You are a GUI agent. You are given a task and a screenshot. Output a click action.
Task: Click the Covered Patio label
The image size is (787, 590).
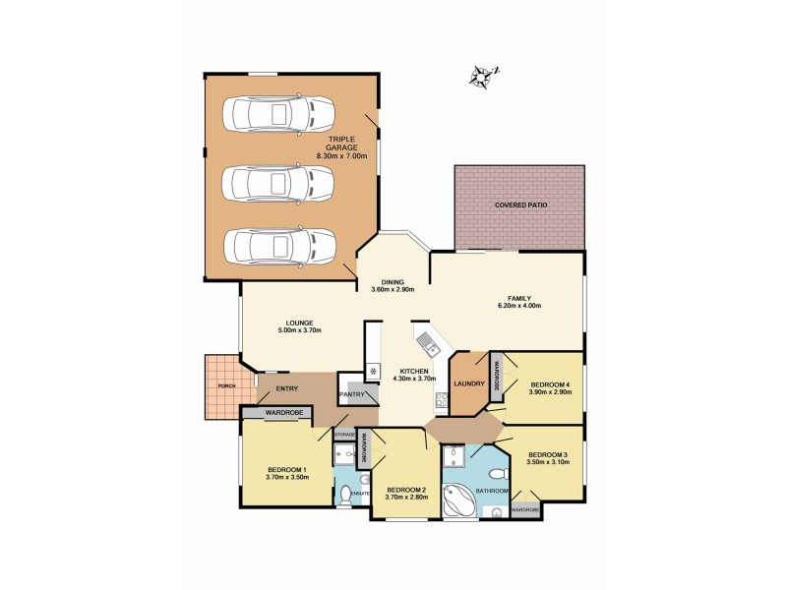click(x=520, y=205)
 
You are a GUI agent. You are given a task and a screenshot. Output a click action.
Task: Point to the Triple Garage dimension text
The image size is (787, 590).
click(x=341, y=156)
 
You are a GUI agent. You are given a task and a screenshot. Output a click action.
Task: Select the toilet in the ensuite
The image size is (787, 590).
click(x=344, y=500)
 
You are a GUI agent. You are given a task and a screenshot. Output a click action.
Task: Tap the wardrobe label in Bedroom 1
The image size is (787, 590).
click(x=282, y=414)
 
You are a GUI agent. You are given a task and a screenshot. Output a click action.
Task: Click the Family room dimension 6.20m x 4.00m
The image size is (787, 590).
click(x=520, y=306)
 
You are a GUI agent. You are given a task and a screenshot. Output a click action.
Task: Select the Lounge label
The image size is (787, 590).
click(x=299, y=322)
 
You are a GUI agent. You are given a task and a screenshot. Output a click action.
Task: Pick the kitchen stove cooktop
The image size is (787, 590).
click(x=443, y=401)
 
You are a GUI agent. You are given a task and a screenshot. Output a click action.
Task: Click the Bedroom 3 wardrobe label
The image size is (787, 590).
click(x=524, y=510)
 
